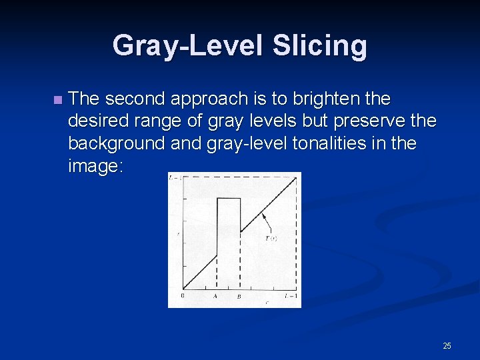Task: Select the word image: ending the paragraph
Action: [96, 166]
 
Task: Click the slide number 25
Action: [447, 345]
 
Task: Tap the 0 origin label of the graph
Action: [183, 295]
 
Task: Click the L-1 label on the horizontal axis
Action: [289, 295]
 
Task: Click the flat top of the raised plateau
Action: [229, 198]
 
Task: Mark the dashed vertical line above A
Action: [217, 273]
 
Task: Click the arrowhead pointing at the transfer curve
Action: [263, 213]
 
